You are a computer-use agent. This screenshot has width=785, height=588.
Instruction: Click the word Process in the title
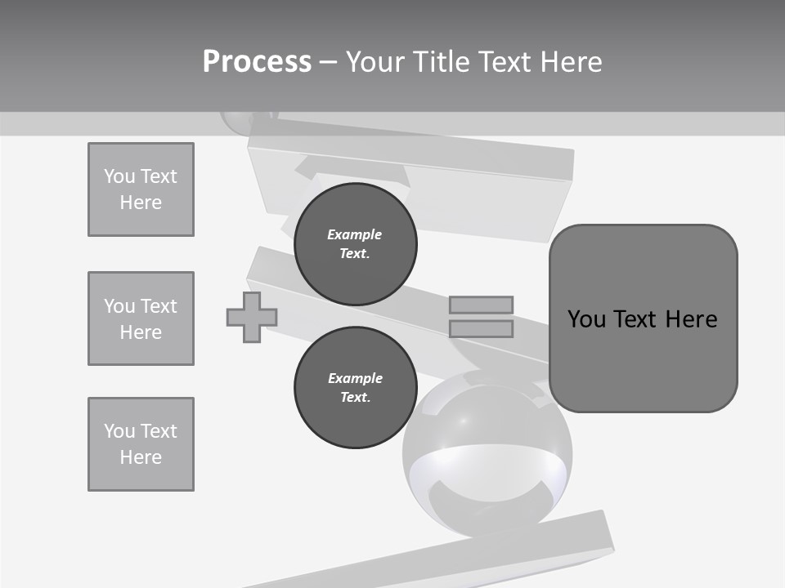point(257,62)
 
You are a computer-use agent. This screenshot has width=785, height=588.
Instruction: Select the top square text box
point(141,189)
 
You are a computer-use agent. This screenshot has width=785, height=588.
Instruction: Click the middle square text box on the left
point(141,318)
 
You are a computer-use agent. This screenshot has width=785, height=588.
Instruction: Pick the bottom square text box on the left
point(141,444)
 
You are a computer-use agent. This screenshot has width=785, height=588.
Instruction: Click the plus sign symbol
point(252,317)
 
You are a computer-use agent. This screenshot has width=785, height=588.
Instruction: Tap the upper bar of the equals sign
point(482,305)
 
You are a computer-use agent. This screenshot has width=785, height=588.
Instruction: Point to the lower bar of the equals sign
point(482,328)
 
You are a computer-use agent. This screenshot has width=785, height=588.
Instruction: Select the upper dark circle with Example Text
point(355,244)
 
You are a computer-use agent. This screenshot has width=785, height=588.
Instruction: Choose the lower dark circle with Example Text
point(355,388)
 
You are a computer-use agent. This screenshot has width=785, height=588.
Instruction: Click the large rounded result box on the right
point(643,318)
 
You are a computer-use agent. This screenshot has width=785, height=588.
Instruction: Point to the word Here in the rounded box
point(691,319)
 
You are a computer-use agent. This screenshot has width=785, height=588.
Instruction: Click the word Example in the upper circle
point(355,234)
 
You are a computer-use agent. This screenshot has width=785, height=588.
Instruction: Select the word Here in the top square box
point(141,203)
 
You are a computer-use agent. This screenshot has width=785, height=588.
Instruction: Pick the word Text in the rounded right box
point(636,319)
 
